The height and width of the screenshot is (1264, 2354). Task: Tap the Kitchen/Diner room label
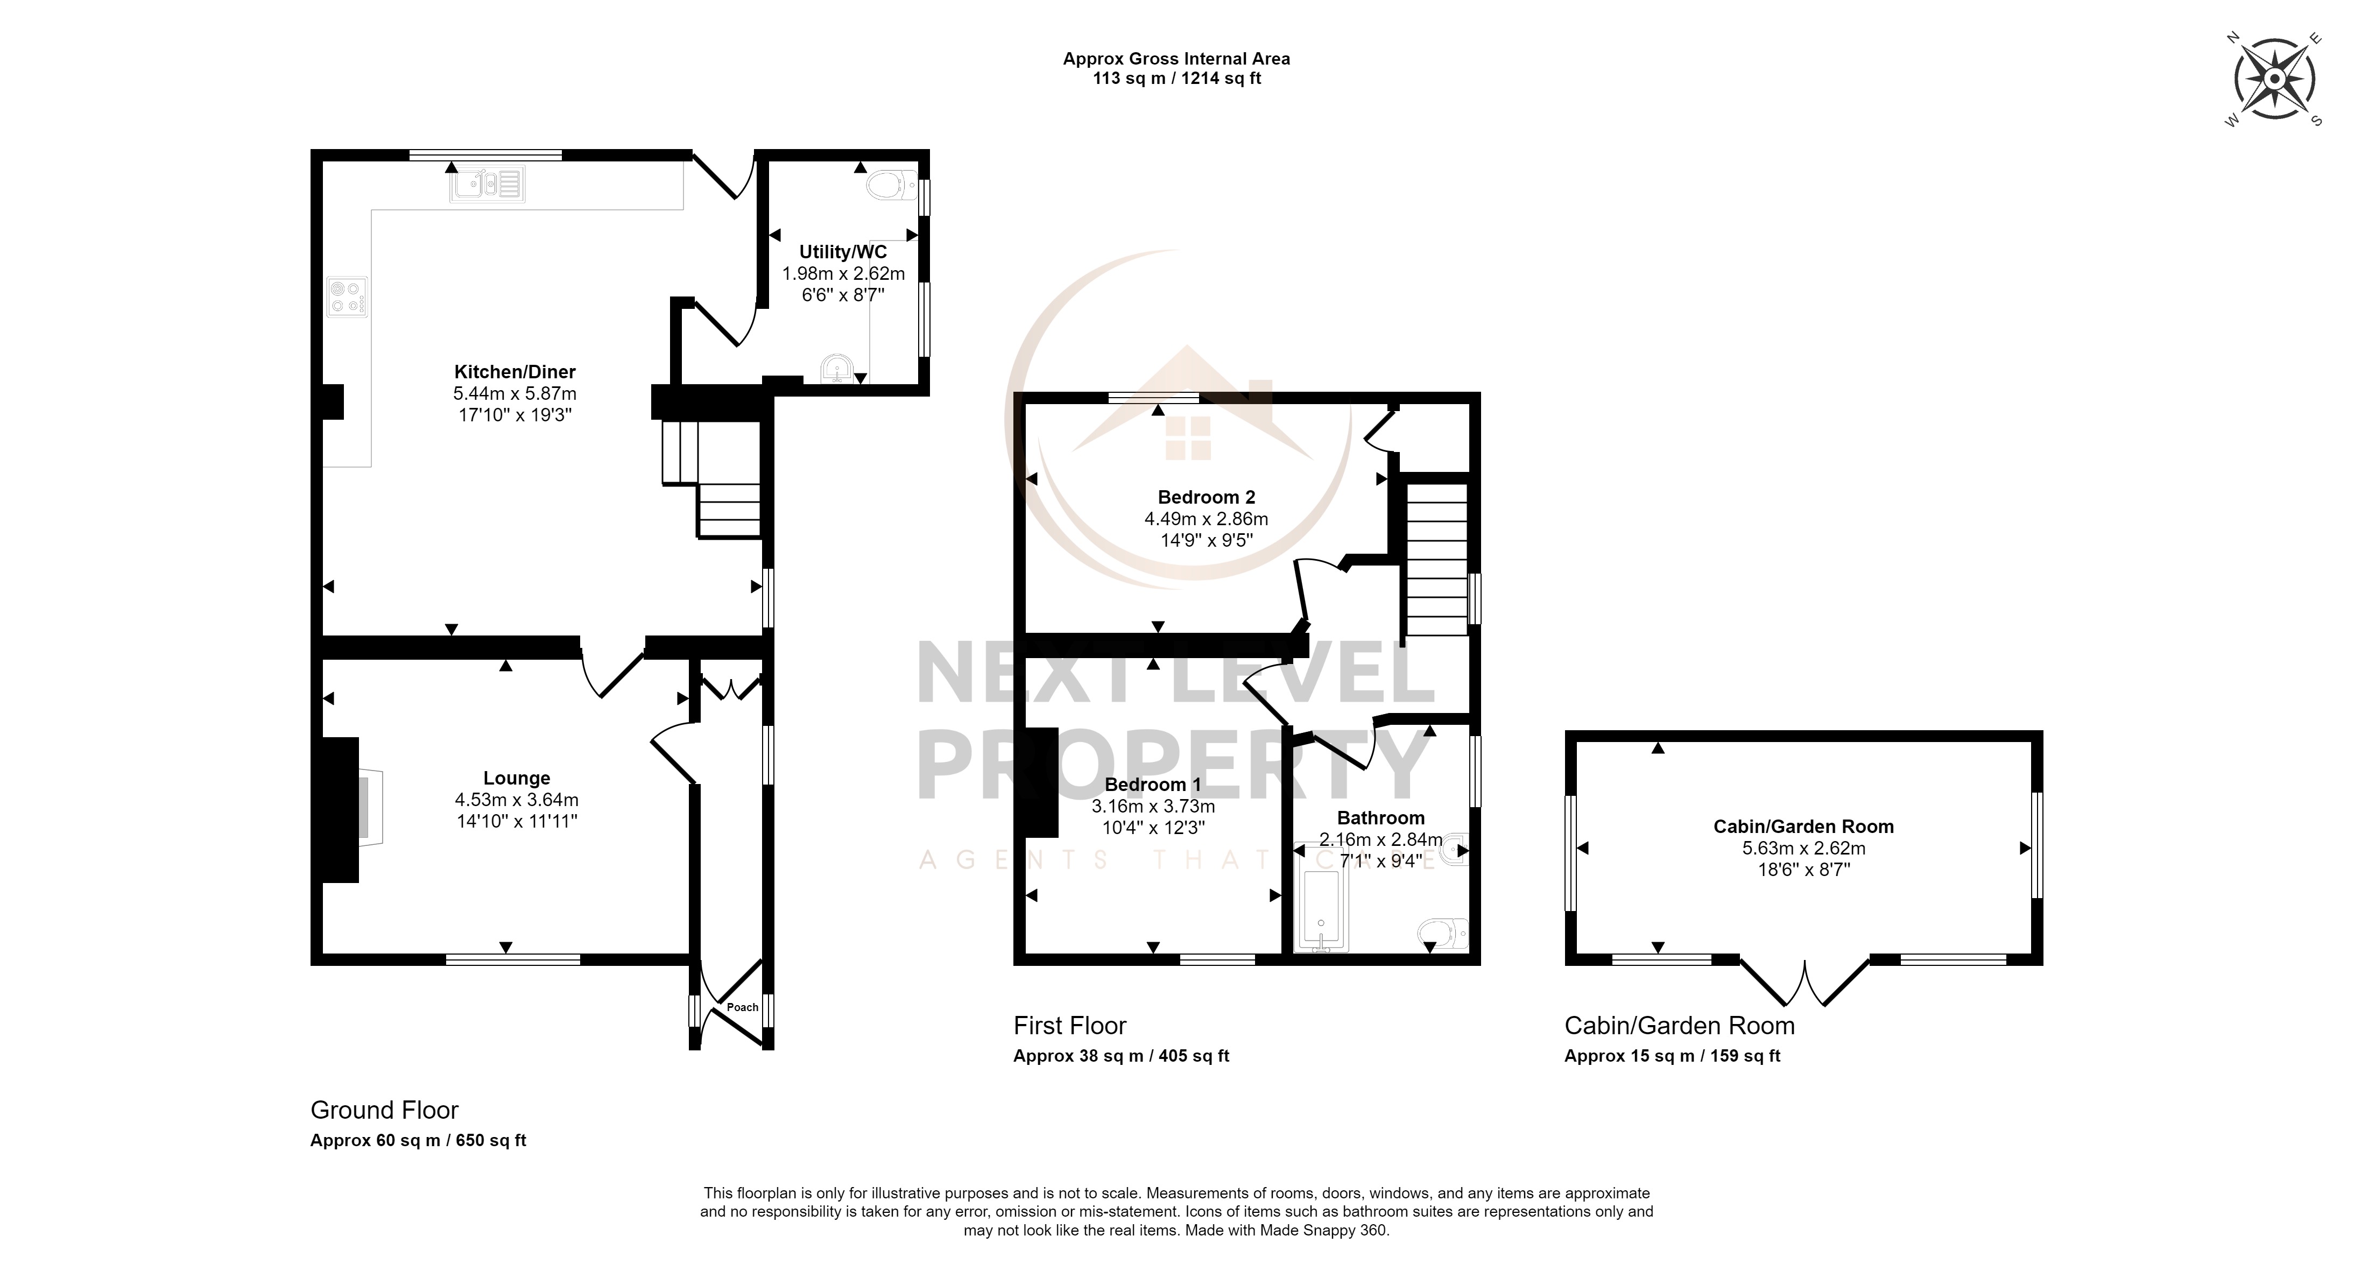(516, 372)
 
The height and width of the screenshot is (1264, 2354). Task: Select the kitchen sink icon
(487, 185)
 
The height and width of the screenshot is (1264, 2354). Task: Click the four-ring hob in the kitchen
(347, 297)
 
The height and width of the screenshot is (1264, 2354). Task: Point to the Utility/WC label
(843, 252)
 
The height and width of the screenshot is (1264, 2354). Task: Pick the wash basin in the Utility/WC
(838, 370)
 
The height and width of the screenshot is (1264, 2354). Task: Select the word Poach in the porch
(743, 1007)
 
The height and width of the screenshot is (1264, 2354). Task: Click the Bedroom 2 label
(1206, 497)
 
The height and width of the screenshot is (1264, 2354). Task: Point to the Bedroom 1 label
(1153, 784)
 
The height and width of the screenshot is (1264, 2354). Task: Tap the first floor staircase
(1436, 559)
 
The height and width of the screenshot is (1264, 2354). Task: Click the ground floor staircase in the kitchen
(711, 479)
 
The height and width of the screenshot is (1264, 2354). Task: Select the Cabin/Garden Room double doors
(1805, 980)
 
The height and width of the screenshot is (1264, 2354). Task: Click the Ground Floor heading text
(385, 1111)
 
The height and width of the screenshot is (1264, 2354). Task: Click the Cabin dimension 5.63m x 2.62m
(1804, 848)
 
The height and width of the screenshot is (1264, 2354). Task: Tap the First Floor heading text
(1070, 1026)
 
